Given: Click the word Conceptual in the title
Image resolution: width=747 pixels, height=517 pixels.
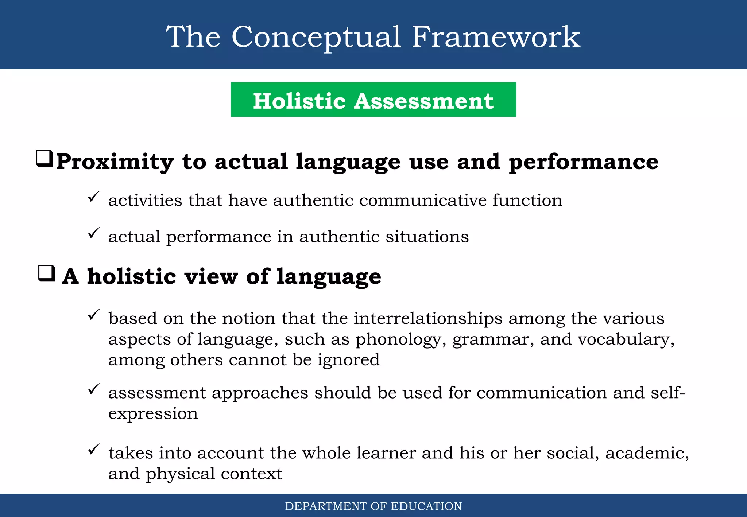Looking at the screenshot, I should pos(316,37).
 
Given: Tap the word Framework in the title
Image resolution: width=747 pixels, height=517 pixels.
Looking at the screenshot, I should pos(496,37).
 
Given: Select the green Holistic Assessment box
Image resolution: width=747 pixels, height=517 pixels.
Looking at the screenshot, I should pos(373,100).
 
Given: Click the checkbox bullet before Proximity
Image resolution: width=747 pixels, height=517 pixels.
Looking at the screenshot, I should pos(44,159).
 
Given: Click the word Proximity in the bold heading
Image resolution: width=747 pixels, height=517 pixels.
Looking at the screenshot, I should pos(115,162).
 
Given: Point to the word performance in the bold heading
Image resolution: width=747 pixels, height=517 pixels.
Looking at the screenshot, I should pos(583,162).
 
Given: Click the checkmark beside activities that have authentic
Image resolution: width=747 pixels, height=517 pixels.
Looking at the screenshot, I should pos(94,197).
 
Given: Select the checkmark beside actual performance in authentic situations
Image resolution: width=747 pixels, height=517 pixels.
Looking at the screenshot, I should pos(94,233).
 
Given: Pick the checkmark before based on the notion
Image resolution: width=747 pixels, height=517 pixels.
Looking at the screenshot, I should pos(94,315).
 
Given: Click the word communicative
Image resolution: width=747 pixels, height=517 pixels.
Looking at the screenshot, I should pos(423,201).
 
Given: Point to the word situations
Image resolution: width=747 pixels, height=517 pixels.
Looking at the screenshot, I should pos(427,237).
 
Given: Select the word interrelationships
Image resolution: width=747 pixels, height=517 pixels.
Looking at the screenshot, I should pos(428,319).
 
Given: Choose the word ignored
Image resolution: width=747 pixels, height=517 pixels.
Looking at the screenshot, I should pos(348,360).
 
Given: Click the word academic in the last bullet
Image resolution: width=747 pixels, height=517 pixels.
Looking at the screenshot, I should pos(647,453).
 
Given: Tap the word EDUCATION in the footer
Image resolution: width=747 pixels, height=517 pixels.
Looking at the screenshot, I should pos(426,506).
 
